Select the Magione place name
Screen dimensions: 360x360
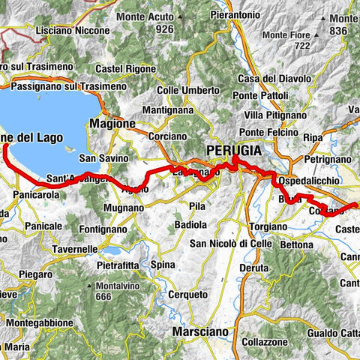pyautogui.click(x=112, y=123)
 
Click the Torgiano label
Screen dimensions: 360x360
pyautogui.click(x=262, y=224)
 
